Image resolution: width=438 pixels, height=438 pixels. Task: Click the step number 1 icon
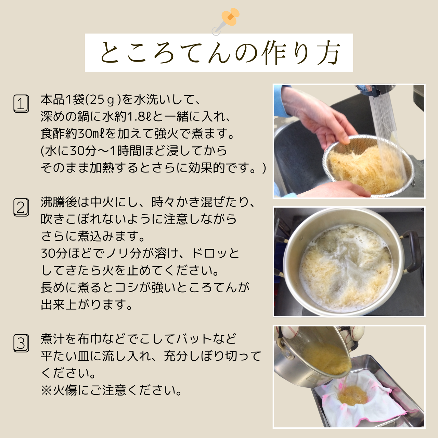click(21, 104)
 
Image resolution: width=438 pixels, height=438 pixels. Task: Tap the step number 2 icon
click(21, 207)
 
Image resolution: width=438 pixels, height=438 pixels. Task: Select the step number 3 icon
click(21, 343)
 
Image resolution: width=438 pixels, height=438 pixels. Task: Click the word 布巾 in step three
click(90, 339)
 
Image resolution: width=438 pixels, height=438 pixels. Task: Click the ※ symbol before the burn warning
click(46, 390)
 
